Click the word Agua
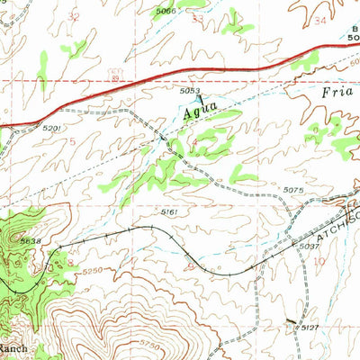coord(201,112)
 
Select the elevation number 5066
coord(190,11)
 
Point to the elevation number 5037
coord(310,247)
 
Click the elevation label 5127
coord(310,328)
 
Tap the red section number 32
coord(73,16)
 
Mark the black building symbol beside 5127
coord(291,320)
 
